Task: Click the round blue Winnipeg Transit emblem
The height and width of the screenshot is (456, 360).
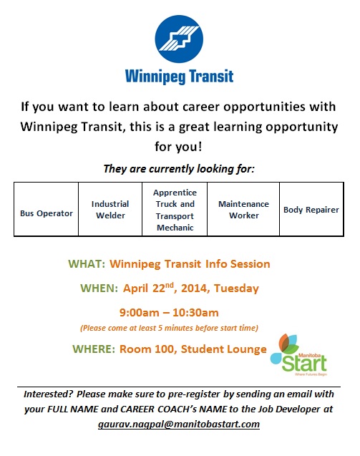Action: (179, 39)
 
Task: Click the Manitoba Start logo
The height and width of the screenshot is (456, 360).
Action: (298, 355)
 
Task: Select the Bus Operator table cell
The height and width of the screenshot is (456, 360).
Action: (47, 209)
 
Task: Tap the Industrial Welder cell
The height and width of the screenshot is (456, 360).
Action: (110, 209)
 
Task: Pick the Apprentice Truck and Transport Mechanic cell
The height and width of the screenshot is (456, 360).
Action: (175, 209)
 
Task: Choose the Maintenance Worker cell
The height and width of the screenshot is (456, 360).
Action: (243, 209)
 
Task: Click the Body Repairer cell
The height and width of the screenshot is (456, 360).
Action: (311, 209)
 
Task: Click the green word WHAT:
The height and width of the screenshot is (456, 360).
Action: (87, 263)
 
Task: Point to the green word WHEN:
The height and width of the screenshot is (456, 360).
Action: (99, 288)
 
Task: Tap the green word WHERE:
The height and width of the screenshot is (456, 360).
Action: (94, 349)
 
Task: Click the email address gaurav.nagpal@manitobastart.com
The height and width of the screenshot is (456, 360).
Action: (179, 425)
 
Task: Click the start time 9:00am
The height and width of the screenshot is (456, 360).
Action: (140, 313)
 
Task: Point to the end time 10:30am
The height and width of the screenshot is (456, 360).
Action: (195, 313)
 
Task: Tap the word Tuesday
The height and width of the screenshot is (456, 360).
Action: (236, 288)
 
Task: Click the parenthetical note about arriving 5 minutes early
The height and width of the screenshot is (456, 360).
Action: (169, 328)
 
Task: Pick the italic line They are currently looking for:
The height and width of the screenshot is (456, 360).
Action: (179, 169)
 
